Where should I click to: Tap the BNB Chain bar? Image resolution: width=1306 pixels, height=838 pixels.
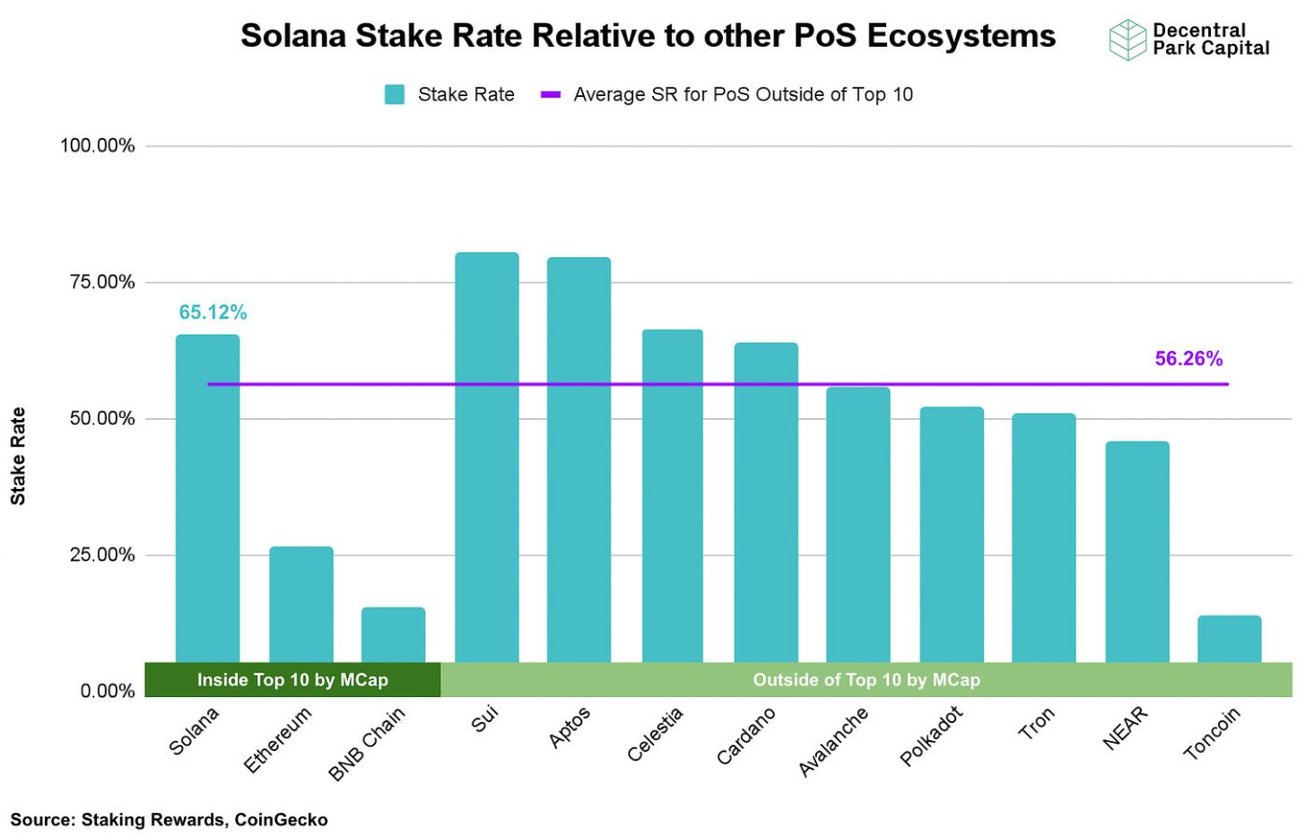(x=393, y=635)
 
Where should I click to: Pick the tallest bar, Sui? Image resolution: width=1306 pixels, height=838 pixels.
(x=486, y=457)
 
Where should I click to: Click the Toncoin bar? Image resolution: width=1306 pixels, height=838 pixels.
(x=1229, y=638)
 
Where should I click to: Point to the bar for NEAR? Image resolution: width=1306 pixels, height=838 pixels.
(x=1136, y=552)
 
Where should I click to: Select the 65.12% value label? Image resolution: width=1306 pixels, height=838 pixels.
(x=213, y=313)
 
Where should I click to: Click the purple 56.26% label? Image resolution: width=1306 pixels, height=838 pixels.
(x=1188, y=359)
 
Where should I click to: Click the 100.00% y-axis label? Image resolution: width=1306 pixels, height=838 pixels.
(x=98, y=146)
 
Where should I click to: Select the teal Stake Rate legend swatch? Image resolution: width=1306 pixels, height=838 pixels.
(x=395, y=94)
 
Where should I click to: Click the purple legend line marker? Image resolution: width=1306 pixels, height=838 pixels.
(x=550, y=94)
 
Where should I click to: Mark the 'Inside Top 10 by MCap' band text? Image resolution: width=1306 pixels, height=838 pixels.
(x=292, y=679)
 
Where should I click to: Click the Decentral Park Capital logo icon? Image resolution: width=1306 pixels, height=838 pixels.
(x=1127, y=39)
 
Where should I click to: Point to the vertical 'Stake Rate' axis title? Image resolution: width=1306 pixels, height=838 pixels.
(x=18, y=456)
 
